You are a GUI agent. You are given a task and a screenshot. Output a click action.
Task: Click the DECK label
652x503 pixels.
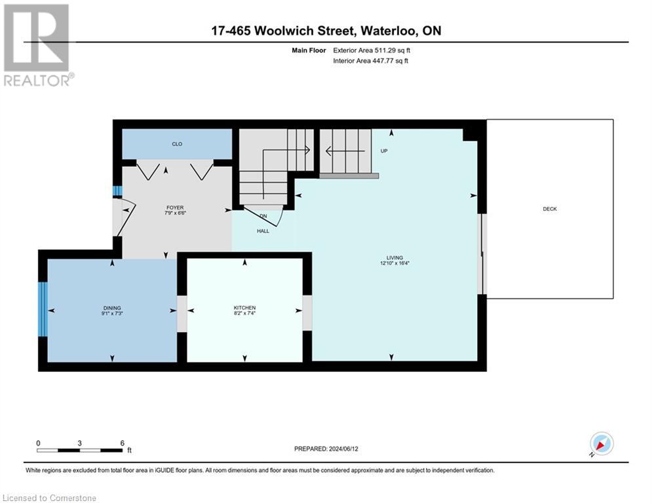pos(549,209)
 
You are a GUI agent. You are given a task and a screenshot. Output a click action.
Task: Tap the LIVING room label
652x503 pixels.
pos(394,257)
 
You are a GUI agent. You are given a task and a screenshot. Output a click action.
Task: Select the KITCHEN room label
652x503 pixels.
pos(244,308)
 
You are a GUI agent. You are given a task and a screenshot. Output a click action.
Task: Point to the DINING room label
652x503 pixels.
pos(112,308)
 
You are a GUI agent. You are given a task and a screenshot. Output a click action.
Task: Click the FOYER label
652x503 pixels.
pos(174,208)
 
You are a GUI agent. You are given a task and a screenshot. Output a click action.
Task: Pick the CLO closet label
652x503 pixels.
pos(177,144)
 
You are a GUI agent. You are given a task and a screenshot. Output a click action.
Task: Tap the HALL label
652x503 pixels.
pos(263,231)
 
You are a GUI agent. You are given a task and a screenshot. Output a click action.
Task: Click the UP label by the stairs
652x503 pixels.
pos(385,151)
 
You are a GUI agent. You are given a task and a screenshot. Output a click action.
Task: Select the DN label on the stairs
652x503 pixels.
pos(263,216)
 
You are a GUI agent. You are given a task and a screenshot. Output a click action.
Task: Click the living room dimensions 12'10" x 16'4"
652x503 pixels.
pos(394,263)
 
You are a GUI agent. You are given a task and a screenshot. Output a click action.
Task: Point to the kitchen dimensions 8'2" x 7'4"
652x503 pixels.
pos(244,314)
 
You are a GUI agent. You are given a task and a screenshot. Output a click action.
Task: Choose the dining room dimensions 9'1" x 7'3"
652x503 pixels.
pos(112,314)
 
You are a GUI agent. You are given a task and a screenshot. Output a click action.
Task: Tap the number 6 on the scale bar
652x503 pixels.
pos(122,443)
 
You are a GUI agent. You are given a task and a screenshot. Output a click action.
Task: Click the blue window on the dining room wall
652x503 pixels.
pos(43,309)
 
